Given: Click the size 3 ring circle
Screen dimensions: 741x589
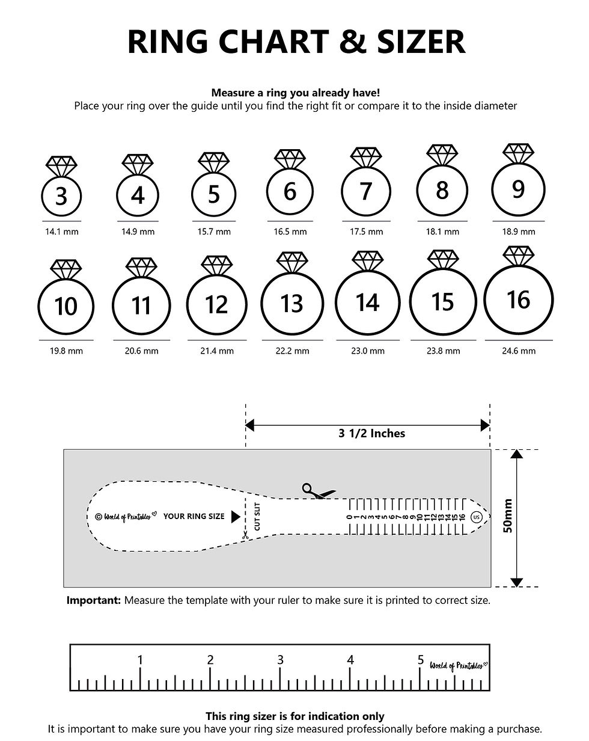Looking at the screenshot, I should (x=61, y=196).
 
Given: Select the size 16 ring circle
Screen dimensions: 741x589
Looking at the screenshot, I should (x=518, y=300).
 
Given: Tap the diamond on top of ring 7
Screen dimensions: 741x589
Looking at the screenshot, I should (x=366, y=158).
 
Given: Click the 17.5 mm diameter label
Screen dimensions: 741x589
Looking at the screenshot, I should (x=366, y=232).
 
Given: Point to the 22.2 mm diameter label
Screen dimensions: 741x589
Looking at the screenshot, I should (x=292, y=351).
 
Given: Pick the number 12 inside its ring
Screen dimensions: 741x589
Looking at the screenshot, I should (x=216, y=305).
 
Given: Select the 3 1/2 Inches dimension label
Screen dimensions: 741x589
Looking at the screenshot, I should (x=371, y=433).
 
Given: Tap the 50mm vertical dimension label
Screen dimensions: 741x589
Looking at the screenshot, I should (x=508, y=516).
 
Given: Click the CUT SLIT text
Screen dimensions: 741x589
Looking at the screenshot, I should (x=257, y=517).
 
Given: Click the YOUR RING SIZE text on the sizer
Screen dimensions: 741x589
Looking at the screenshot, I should (x=194, y=516).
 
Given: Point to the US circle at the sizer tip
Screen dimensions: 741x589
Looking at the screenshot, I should (x=477, y=516).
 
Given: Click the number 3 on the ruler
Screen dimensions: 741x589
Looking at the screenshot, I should (x=280, y=660).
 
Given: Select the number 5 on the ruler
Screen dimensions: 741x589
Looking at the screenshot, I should (x=421, y=660).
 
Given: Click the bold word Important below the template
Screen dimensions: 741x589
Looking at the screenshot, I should (x=94, y=600).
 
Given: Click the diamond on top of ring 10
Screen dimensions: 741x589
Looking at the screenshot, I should (x=66, y=269).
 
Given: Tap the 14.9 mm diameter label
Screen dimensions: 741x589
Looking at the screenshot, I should (x=138, y=232).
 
